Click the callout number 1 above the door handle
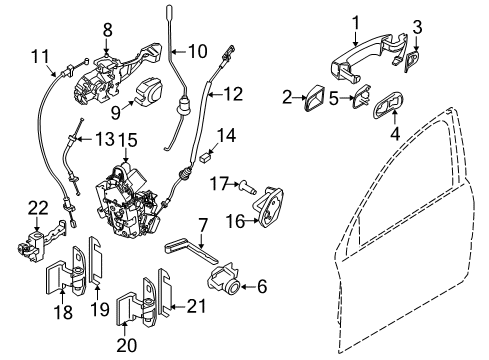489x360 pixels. pyautogui.click(x=354, y=19)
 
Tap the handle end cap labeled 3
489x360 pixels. pyautogui.click(x=413, y=63)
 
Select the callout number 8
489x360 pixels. pyautogui.click(x=108, y=29)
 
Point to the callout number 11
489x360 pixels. pyautogui.click(x=40, y=55)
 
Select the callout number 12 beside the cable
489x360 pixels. pyautogui.click(x=232, y=95)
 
